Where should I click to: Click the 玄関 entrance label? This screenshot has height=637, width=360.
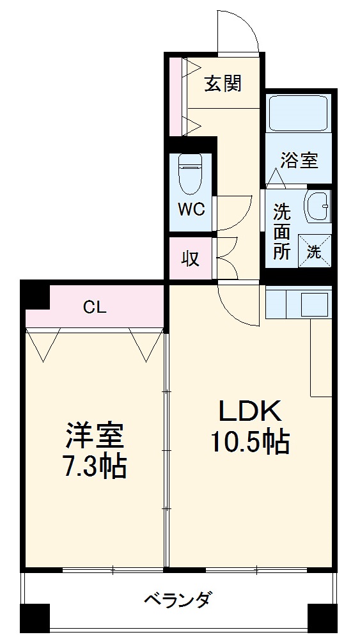(x=223, y=84)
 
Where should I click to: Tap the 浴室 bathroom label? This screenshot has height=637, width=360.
(x=299, y=160)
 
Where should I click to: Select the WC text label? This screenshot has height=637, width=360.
(x=191, y=210)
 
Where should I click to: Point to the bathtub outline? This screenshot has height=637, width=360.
(x=299, y=113)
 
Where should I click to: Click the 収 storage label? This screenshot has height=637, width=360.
(x=190, y=259)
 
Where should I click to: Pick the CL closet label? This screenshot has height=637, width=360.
(x=95, y=307)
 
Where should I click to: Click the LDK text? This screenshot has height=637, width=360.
(x=250, y=411)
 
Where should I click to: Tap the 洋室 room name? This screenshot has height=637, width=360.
(x=95, y=437)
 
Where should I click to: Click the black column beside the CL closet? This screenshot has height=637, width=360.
(x=36, y=295)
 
